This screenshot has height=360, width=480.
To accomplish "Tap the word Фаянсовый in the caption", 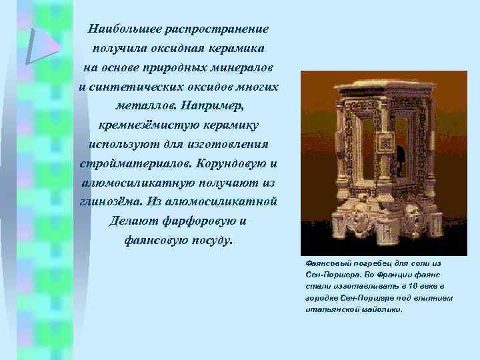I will click(x=326, y=263).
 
